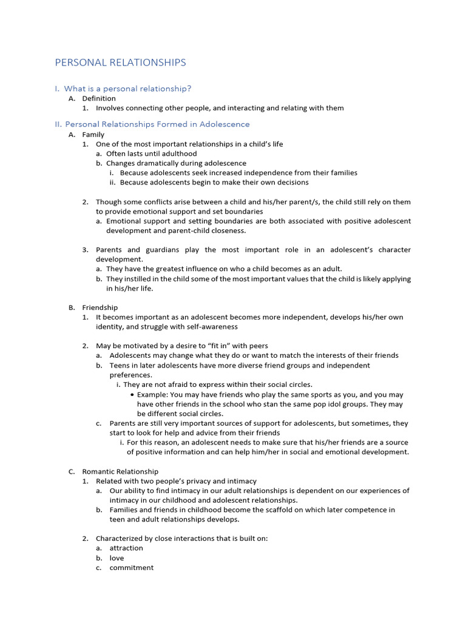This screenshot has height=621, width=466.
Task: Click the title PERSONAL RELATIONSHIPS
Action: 120,62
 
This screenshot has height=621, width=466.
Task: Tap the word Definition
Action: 99,98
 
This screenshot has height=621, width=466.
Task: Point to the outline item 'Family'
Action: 93,135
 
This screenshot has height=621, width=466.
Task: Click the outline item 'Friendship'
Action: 100,307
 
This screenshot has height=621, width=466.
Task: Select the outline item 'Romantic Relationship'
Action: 120,471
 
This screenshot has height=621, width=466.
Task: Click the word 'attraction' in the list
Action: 126,548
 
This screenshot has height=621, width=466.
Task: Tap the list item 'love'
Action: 116,558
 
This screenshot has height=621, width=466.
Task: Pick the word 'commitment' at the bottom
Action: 132,568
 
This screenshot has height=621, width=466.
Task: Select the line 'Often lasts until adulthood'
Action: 152,154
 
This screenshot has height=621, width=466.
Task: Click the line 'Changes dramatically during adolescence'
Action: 176,163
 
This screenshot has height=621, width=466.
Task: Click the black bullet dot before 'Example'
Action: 132,394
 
